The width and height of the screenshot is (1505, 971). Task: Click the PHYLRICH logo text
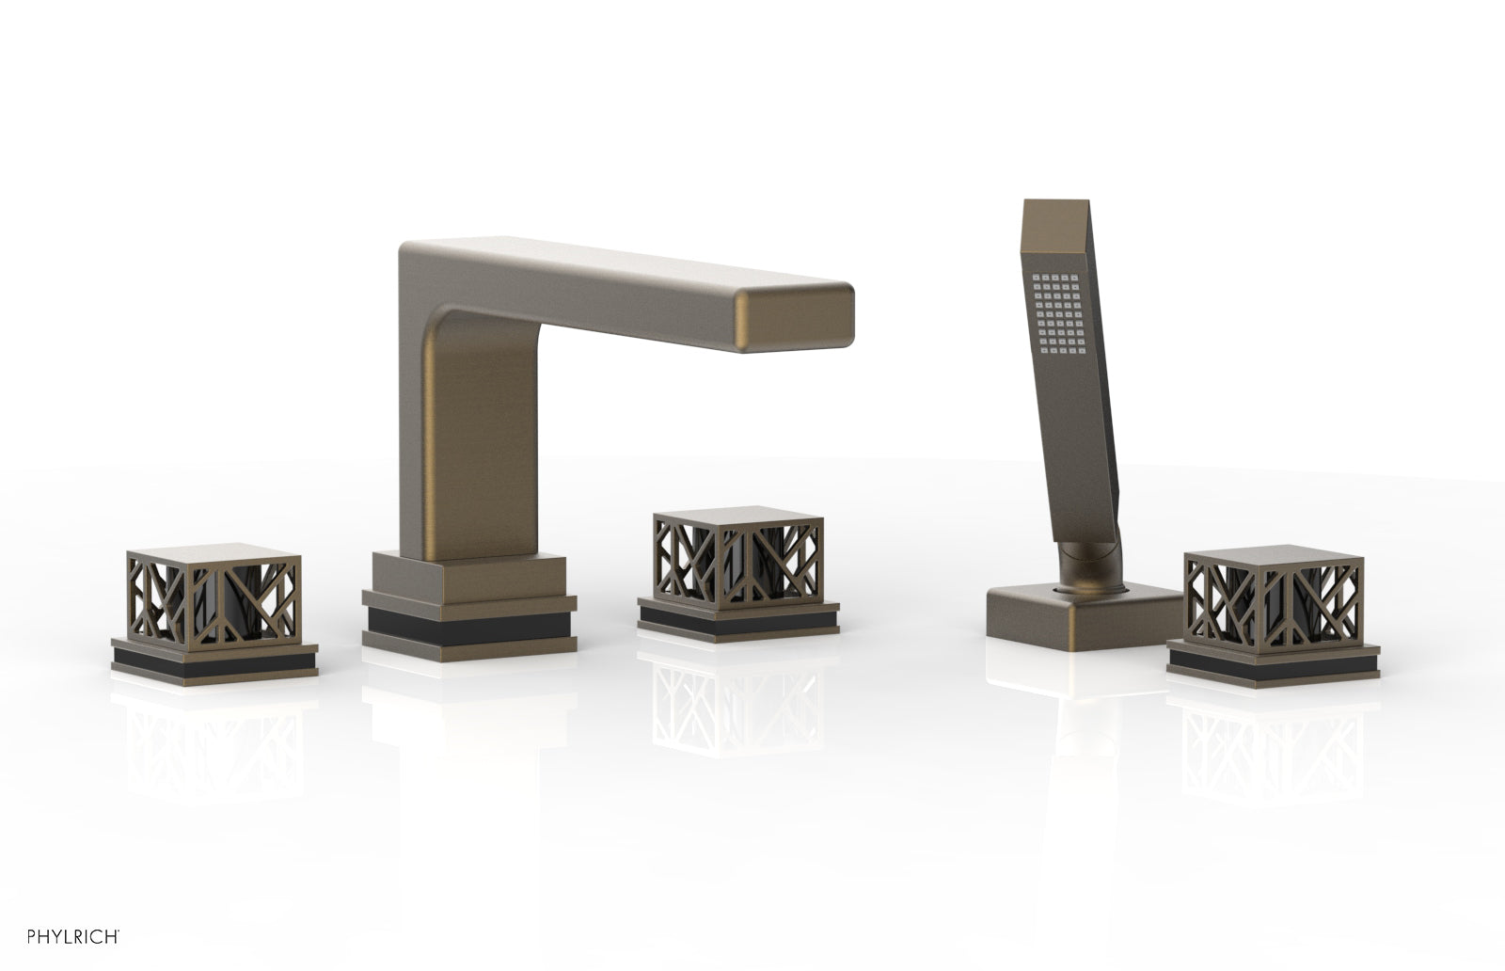click(73, 937)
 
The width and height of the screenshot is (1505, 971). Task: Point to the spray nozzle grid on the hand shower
click(1059, 312)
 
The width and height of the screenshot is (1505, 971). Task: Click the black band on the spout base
click(469, 627)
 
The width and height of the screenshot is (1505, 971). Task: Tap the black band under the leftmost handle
click(214, 661)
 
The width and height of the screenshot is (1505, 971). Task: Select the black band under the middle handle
click(737, 620)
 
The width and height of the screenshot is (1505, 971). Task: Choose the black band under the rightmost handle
click(1274, 663)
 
